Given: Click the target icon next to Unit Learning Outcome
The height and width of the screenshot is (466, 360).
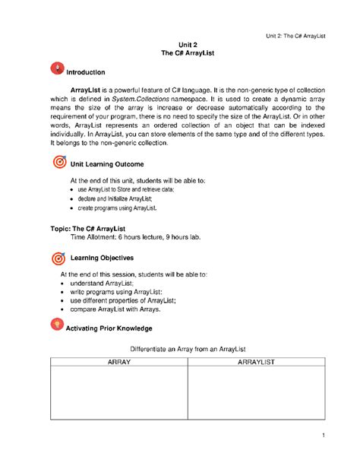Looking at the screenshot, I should [58, 162].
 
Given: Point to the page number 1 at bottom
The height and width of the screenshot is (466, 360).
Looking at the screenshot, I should [323, 434].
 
